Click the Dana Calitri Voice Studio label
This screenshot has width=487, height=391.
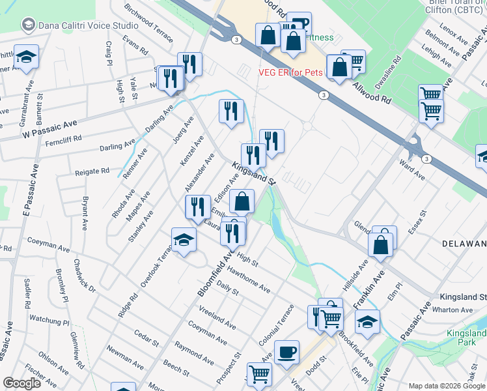click(89, 25)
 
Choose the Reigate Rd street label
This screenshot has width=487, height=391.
click(92, 171)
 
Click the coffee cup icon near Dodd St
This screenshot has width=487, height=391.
click(286, 352)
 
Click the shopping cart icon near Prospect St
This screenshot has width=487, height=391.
click(259, 374)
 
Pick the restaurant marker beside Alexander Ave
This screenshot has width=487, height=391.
click(197, 206)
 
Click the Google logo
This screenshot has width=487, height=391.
click(22, 383)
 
